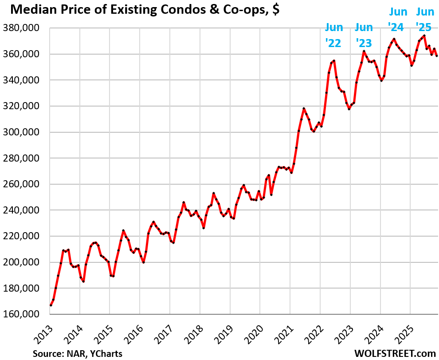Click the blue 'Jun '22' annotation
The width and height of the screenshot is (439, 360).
pyautogui.click(x=333, y=36)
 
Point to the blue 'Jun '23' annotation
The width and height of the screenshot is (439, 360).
pyautogui.click(x=364, y=36)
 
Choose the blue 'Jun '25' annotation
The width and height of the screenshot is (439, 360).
pyautogui.click(x=424, y=20)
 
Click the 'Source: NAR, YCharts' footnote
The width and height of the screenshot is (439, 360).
pyautogui.click(x=77, y=353)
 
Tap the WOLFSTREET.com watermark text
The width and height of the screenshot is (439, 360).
pyautogui.click(x=395, y=353)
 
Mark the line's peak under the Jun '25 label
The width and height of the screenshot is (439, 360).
pyautogui.click(x=424, y=36)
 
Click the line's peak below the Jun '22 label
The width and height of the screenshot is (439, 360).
pyautogui.click(x=334, y=60)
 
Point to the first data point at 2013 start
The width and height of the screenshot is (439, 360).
pyautogui.click(x=51, y=305)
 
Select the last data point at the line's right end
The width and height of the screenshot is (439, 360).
pyautogui.click(x=437, y=56)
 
